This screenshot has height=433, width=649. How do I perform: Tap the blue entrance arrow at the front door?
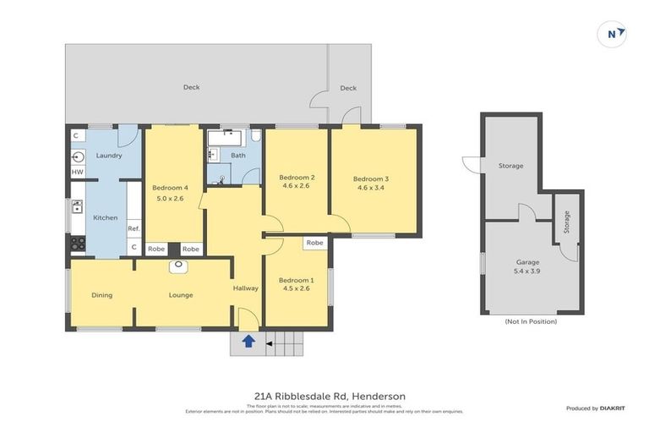(x=249, y=342)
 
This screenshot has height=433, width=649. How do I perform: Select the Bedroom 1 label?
(x=296, y=280)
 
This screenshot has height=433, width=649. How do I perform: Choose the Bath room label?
(x=238, y=156)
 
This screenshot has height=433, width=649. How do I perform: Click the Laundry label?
(x=109, y=156)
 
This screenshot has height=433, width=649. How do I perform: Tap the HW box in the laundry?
(x=77, y=173)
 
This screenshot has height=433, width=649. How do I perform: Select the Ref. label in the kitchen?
(x=133, y=228)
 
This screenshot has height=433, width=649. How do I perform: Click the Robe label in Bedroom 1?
(x=314, y=243)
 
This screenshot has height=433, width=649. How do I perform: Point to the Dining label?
(x=101, y=295)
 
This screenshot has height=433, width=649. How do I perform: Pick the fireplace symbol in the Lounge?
(x=178, y=266)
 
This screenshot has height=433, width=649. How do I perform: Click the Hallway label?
(x=245, y=288)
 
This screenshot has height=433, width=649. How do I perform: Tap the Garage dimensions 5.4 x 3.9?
(x=527, y=272)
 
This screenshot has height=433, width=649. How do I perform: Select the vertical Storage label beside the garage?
(x=566, y=222)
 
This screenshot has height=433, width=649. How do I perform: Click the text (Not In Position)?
(x=531, y=321)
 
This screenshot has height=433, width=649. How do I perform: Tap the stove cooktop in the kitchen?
(x=77, y=244)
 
